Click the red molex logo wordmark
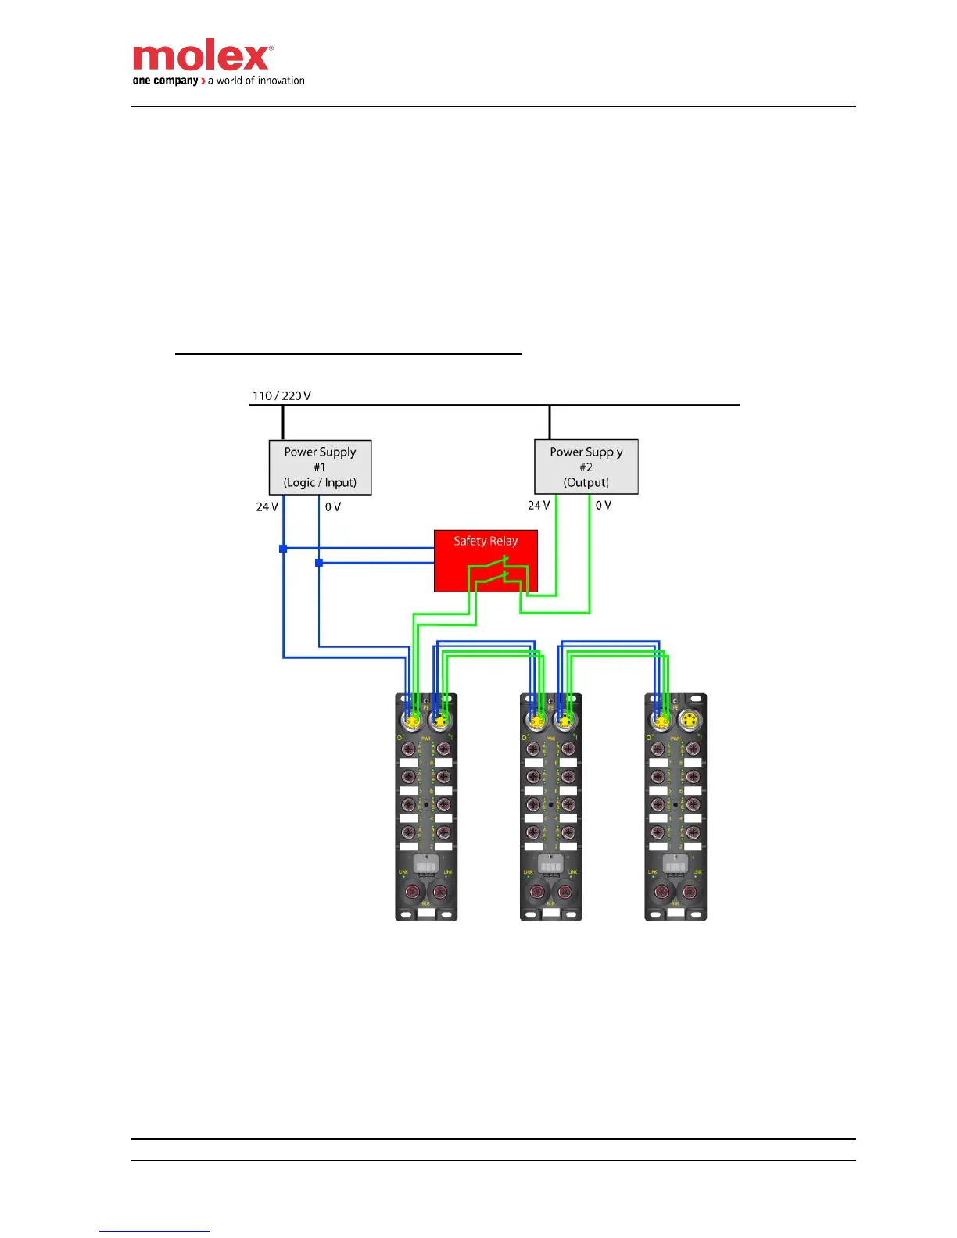tap(201, 57)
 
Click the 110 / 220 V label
tap(281, 395)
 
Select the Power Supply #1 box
tap(320, 467)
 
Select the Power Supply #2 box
tap(586, 467)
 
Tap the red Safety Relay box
tap(486, 560)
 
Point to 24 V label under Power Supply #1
tap(267, 507)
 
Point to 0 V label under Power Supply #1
tap(333, 507)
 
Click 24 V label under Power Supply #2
tap(539, 506)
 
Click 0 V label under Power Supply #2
tap(604, 506)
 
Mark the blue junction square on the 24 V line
tap(283, 549)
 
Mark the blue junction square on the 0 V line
tap(319, 563)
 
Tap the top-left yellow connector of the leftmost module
tap(410, 719)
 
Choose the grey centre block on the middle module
tap(551, 865)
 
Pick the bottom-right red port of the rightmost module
tap(690, 893)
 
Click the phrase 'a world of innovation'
tap(256, 81)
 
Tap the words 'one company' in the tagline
tap(165, 81)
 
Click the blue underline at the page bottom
tap(155, 1231)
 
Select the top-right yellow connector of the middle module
tap(565, 719)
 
